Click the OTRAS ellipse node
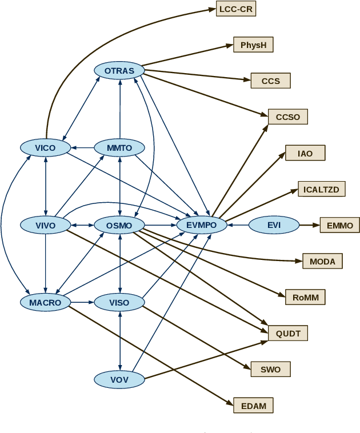[119, 71]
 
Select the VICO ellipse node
[45, 148]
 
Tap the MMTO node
[119, 148]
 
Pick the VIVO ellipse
[45, 225]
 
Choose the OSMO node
[119, 225]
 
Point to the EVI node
[274, 225]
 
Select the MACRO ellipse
[45, 303]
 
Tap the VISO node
[119, 303]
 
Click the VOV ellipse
[119, 379]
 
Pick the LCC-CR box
[236, 9]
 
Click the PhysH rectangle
[253, 45]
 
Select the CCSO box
[288, 117]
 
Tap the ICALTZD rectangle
[322, 189]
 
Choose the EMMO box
[340, 225]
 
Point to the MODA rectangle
[322, 262]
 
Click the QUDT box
[288, 334]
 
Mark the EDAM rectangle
[253, 406]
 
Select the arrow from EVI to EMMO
[309, 225]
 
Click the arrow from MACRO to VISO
[82, 303]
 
